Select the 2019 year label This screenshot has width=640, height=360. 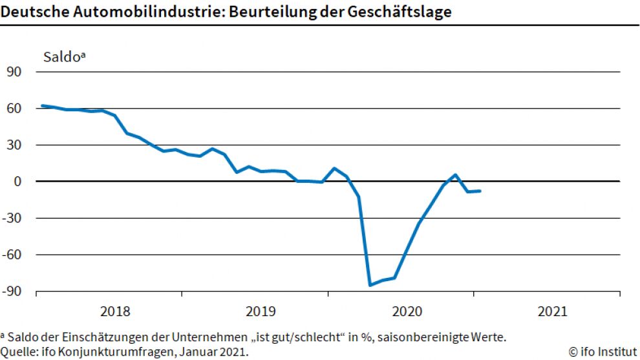pyautogui.click(x=261, y=312)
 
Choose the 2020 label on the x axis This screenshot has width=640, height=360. pyautogui.click(x=407, y=312)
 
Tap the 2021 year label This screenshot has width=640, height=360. pyautogui.click(x=552, y=312)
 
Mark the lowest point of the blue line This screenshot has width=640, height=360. pyautogui.click(x=370, y=285)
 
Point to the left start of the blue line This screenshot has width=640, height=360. pyautogui.click(x=41, y=105)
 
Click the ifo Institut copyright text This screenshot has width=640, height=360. pyautogui.click(x=603, y=352)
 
